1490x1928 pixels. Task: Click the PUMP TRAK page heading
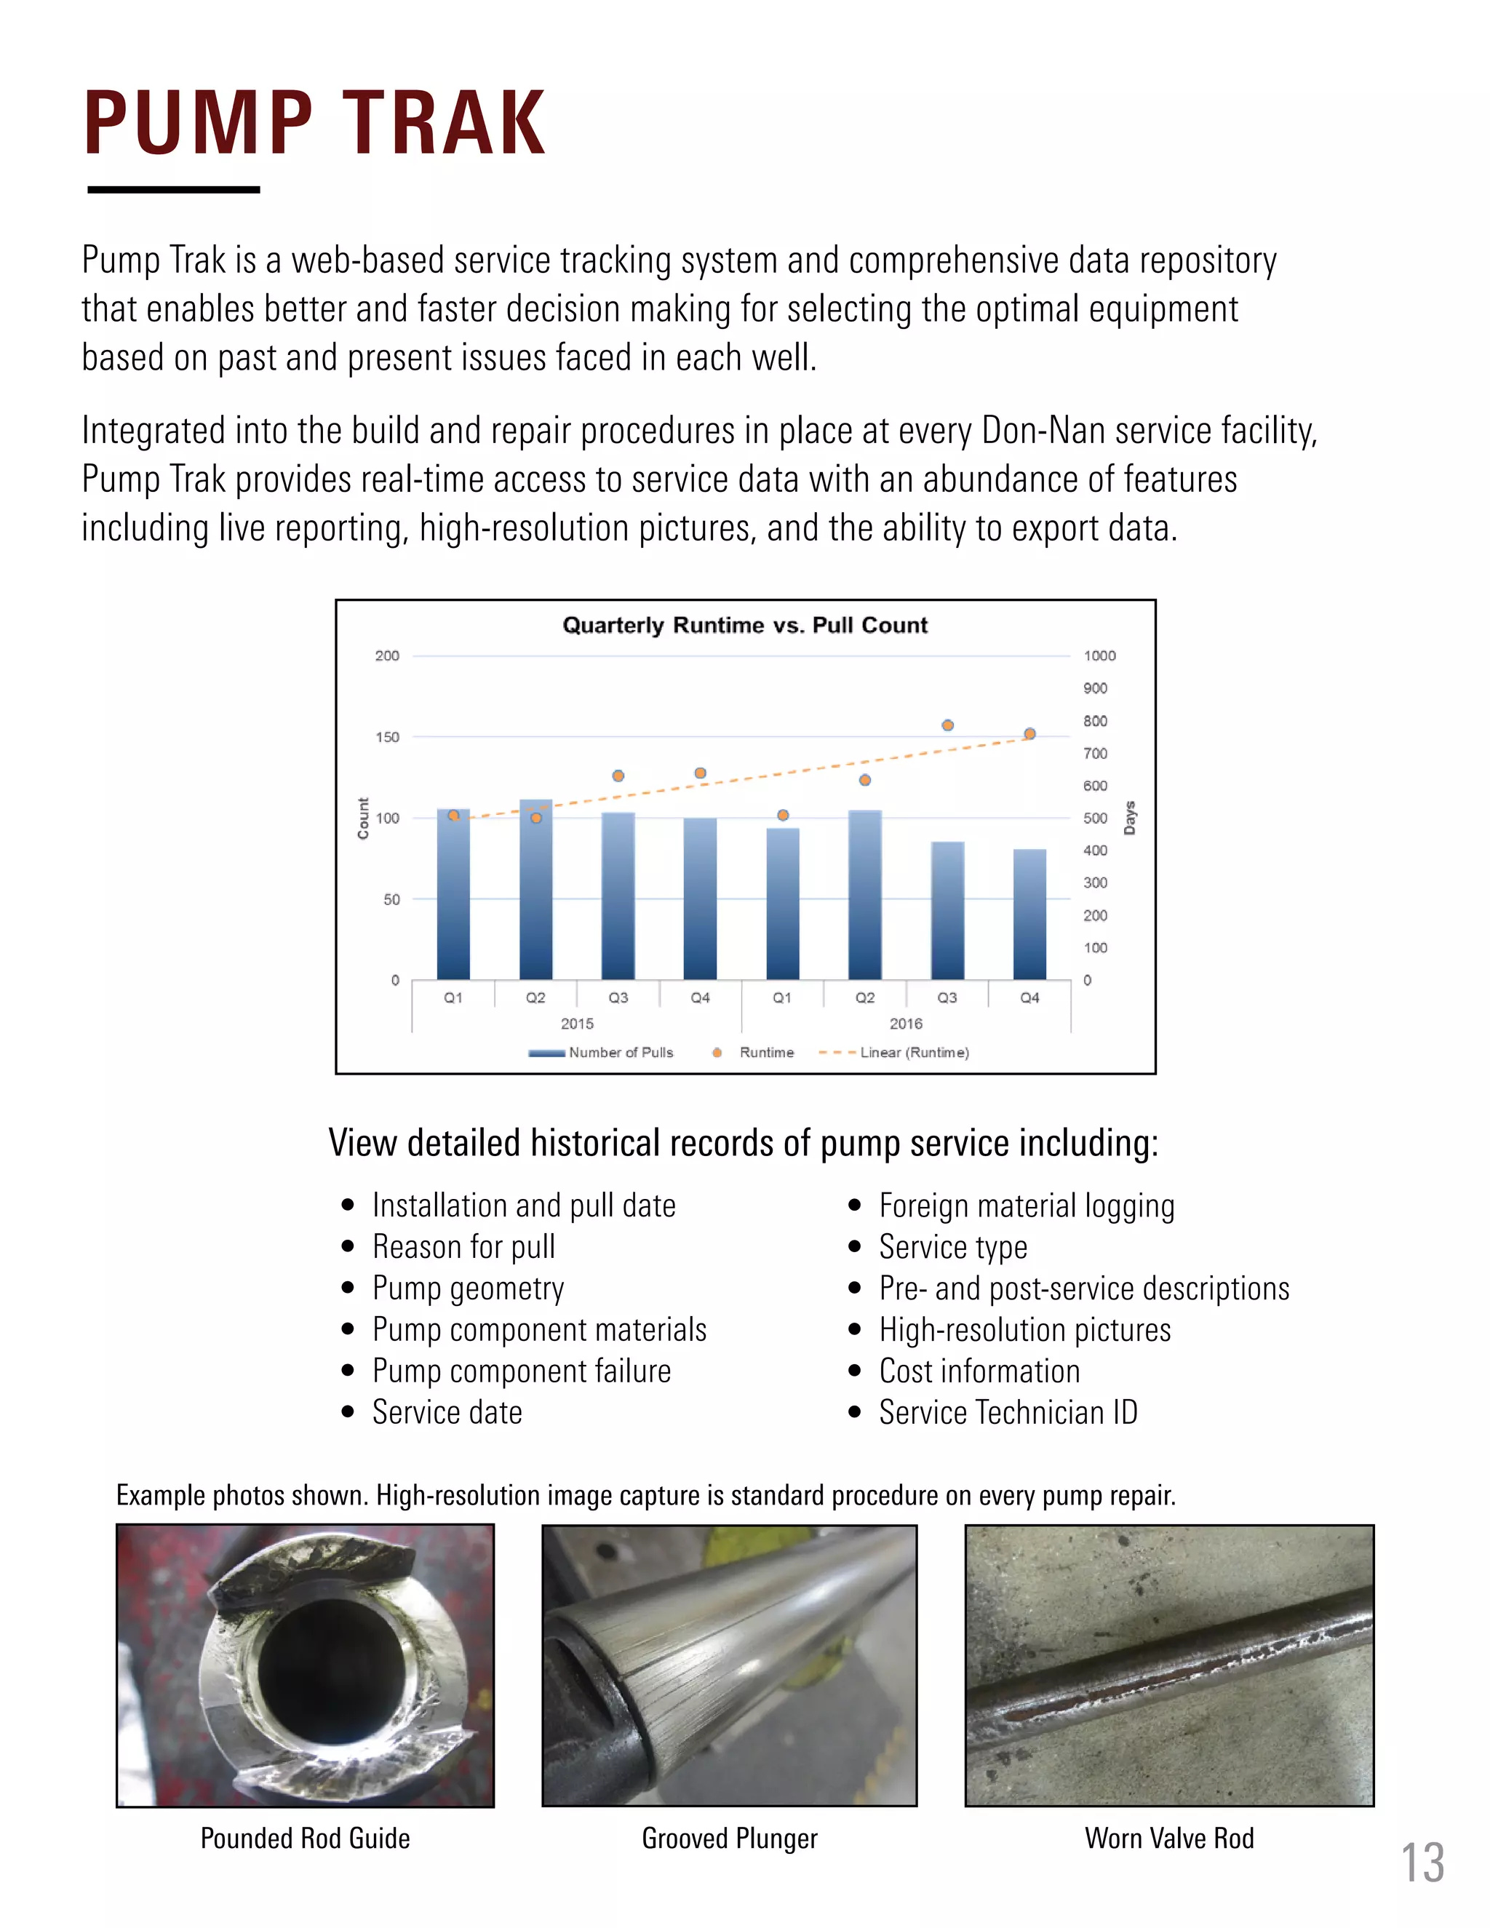[314, 124]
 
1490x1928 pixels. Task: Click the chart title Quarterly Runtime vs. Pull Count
[745, 625]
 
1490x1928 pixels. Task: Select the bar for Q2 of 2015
[535, 892]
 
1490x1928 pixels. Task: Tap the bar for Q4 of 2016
[1029, 915]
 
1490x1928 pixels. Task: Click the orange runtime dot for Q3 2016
[947, 725]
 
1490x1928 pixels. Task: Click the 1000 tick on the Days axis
[1099, 655]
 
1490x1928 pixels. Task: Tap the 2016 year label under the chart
[906, 1023]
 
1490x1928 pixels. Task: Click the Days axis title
[1130, 818]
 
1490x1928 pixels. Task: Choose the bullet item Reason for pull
[463, 1246]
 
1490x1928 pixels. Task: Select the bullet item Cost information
[979, 1371]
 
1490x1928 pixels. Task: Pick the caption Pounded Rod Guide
[305, 1838]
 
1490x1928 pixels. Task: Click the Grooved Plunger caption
[729, 1838]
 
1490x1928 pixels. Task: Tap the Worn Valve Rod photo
[1168, 1665]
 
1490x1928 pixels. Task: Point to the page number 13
[1422, 1863]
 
